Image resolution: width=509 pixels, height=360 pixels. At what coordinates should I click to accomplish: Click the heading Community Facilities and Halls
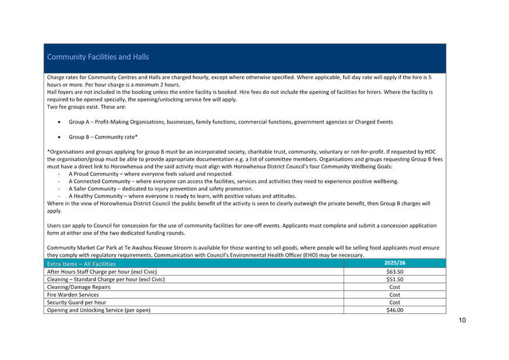tap(98, 57)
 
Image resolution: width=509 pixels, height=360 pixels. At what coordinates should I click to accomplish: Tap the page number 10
tap(462, 320)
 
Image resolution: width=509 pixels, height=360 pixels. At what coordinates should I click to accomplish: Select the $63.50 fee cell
tap(395, 271)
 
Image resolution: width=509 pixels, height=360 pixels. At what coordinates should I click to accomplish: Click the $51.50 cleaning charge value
tap(395, 280)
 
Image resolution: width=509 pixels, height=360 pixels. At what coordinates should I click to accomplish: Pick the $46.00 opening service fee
tap(395, 310)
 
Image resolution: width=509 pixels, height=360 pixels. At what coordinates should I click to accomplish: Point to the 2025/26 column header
tap(395, 263)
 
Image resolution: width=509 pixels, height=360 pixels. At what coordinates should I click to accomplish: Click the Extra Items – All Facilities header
tap(81, 264)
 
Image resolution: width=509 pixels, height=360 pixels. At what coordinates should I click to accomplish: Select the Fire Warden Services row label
tap(73, 295)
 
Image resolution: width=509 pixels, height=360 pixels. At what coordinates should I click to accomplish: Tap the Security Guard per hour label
tap(76, 302)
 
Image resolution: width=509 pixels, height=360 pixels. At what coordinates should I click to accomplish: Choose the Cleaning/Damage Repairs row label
tap(79, 287)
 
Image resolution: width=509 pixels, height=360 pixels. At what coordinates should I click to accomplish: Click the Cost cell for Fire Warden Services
tap(395, 295)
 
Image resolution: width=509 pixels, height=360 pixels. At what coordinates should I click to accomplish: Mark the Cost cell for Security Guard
tap(395, 302)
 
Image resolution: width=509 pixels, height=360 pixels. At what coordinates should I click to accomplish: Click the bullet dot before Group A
tap(59, 122)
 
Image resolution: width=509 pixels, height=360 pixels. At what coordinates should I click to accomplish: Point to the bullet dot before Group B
tap(59, 137)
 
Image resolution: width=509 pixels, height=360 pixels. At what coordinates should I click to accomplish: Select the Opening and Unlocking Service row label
tap(98, 310)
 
